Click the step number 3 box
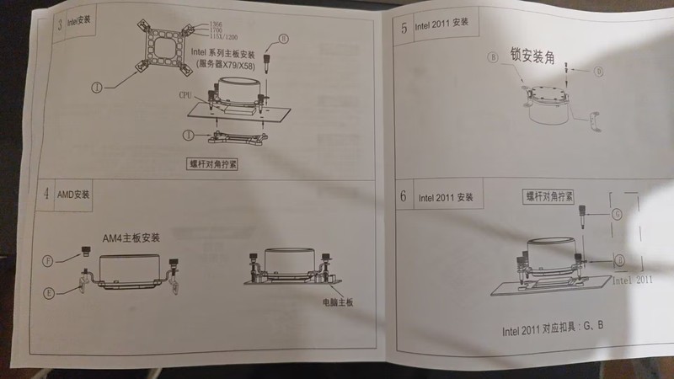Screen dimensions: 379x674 pyautogui.click(x=59, y=23)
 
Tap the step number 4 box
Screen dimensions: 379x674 pyautogui.click(x=46, y=194)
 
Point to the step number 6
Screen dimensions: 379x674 pyautogui.click(x=404, y=197)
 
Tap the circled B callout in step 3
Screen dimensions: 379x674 pyautogui.click(x=284, y=39)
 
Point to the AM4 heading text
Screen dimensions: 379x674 pyautogui.click(x=131, y=238)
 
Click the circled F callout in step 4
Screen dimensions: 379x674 pyautogui.click(x=49, y=260)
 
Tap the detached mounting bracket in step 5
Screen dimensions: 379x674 pyautogui.click(x=594, y=122)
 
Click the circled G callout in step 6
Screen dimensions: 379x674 pyautogui.click(x=618, y=215)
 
